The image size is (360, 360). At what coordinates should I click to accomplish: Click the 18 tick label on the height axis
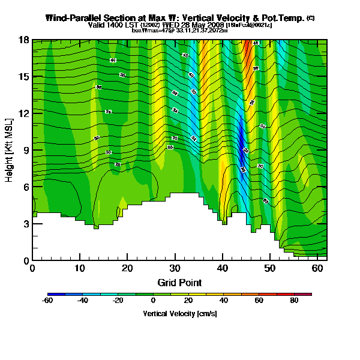point(25,40)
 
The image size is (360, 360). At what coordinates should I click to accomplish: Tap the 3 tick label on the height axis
point(26,224)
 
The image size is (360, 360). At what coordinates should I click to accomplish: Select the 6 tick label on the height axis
point(26,187)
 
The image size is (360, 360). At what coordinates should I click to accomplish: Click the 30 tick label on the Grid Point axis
point(175,269)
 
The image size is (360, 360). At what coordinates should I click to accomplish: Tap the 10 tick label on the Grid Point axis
point(80,269)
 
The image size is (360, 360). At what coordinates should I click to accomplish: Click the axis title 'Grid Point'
point(179,282)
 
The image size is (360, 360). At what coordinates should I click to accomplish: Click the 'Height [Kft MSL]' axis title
point(10,150)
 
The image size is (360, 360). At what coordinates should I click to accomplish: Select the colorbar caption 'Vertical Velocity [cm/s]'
point(179,314)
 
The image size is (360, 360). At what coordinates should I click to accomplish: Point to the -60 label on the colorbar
point(48,301)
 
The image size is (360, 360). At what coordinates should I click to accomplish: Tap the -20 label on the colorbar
point(118,301)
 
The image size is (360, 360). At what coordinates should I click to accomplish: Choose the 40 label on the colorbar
point(224,301)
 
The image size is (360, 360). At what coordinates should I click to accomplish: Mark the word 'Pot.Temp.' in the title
point(283,18)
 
